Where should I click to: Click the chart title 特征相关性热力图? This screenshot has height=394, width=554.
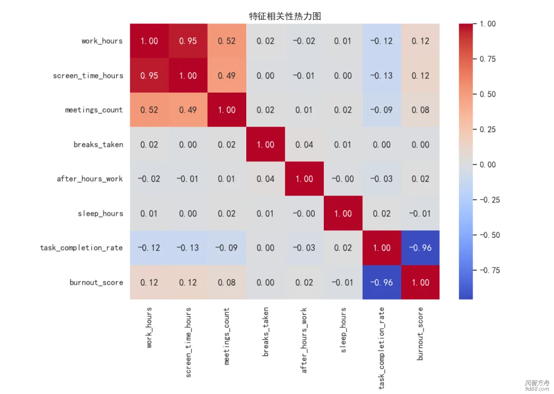(x=285, y=16)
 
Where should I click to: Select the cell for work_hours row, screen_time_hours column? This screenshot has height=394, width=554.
(x=188, y=41)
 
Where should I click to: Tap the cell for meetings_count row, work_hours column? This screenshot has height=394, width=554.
(x=149, y=110)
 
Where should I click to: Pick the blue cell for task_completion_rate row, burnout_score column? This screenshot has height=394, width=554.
(x=420, y=248)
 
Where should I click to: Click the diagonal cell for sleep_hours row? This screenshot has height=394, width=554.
(x=343, y=213)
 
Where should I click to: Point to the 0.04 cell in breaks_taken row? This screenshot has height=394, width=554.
(x=304, y=144)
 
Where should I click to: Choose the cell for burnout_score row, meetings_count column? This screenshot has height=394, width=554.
(x=227, y=282)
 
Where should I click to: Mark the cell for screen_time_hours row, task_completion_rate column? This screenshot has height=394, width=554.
(x=382, y=76)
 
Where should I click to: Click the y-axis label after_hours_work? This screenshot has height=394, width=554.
(x=90, y=179)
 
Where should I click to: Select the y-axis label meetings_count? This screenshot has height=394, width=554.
(x=94, y=110)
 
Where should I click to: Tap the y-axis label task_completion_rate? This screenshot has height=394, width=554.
(x=81, y=248)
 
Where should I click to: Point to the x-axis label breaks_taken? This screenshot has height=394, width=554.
(x=266, y=332)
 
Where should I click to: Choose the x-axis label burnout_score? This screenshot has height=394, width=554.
(x=420, y=333)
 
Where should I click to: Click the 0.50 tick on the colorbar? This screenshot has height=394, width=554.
(x=486, y=94)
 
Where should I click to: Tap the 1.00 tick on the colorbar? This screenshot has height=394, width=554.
(x=486, y=24)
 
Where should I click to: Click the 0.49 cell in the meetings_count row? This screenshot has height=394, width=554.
(x=188, y=110)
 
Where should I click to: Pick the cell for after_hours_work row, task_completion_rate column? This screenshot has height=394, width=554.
(x=382, y=179)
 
